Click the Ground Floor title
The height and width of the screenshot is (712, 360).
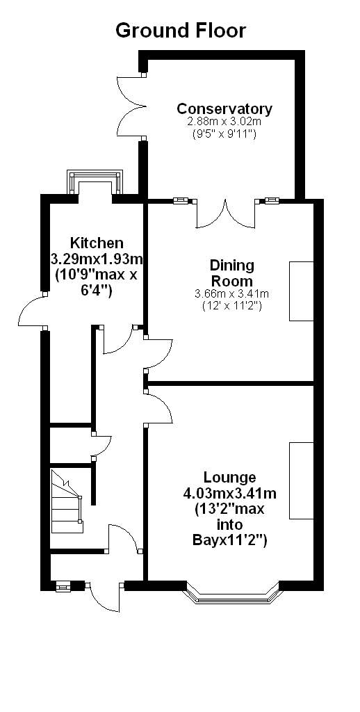click(x=180, y=31)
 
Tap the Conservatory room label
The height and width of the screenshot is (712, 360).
click(x=224, y=109)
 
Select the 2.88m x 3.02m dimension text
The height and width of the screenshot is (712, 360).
click(x=224, y=122)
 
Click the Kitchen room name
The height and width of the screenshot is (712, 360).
click(x=96, y=243)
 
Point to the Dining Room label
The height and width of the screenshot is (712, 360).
click(x=231, y=272)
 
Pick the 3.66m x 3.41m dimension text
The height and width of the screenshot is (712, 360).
click(x=231, y=294)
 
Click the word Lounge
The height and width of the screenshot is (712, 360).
click(x=230, y=477)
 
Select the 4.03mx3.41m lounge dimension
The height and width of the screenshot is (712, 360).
click(x=229, y=493)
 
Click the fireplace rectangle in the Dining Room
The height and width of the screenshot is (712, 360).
click(x=302, y=291)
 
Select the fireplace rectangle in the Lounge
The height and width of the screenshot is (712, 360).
click(x=302, y=480)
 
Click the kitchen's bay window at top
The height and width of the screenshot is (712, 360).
click(x=95, y=181)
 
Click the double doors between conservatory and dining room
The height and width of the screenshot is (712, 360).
click(x=225, y=213)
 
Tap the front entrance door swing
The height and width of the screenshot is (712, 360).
click(x=106, y=597)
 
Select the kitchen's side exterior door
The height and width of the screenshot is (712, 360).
click(x=32, y=309)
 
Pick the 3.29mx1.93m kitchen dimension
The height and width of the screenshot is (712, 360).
click(x=96, y=260)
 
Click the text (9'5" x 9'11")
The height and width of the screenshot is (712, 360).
click(x=224, y=134)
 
